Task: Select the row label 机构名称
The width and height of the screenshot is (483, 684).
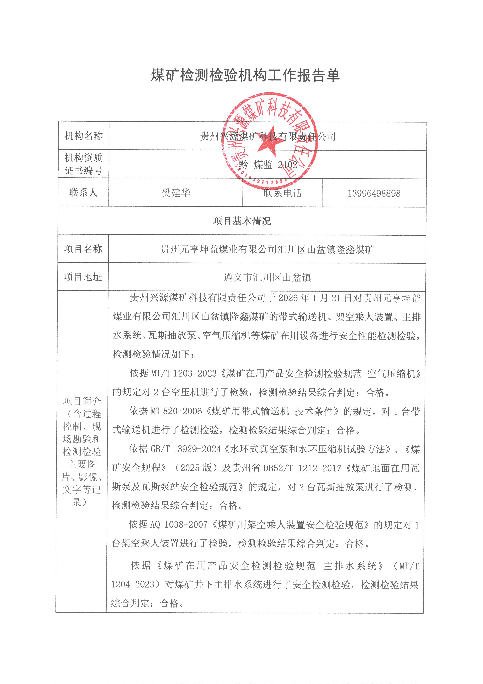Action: (84, 136)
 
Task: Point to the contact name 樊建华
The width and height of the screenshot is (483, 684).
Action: (176, 193)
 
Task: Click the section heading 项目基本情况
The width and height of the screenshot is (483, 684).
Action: (242, 221)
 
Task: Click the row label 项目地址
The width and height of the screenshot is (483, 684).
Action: (83, 277)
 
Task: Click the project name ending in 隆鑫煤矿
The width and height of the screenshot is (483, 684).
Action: (267, 249)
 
